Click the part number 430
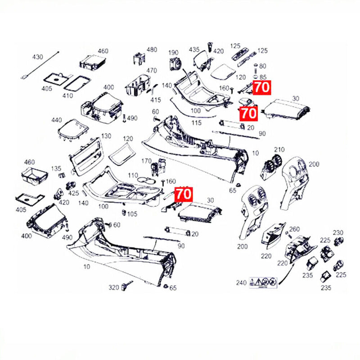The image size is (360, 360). [x=37, y=57]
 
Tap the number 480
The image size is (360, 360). [x=152, y=49]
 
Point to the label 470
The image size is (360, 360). [x=151, y=70]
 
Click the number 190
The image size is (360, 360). [x=173, y=53]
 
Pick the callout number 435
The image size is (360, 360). [x=194, y=49]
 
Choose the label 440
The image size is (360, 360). [x=56, y=120]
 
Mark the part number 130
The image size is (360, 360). [x=106, y=136]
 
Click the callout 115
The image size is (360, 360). [x=196, y=123]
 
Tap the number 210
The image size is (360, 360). [x=279, y=149]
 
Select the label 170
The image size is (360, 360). [x=146, y=161]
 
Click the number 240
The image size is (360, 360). [x=241, y=283]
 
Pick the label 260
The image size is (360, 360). [x=294, y=229]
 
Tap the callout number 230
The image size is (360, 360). [x=338, y=233]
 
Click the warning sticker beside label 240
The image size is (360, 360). [x=264, y=283]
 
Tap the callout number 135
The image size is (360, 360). [x=56, y=168]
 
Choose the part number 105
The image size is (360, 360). [x=132, y=213]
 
